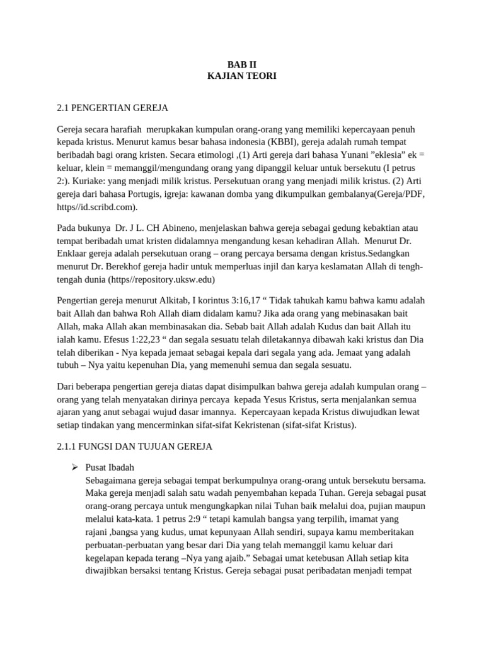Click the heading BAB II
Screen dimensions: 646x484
(242, 64)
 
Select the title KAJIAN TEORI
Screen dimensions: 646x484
(242, 76)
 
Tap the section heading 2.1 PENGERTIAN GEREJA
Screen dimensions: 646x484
(112, 107)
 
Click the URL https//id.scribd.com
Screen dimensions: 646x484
(96, 206)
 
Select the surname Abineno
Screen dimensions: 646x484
(188, 227)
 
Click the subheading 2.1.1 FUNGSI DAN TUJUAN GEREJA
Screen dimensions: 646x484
(135, 447)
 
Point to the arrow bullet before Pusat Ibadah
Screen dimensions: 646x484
(74, 467)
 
